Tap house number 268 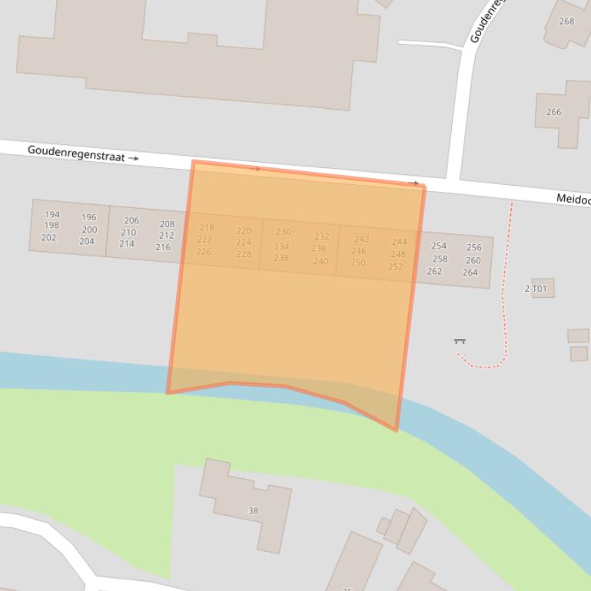566,21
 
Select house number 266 554,112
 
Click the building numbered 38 253,510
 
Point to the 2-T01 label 536,289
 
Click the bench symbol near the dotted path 460,341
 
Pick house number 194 52,215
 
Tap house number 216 163,247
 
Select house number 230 284,232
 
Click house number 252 395,267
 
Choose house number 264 470,272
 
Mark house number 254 439,246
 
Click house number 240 320,261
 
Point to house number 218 207,228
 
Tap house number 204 87,241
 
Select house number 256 474,247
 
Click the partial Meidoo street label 573,200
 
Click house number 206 131,221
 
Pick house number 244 399,242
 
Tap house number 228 244,254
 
